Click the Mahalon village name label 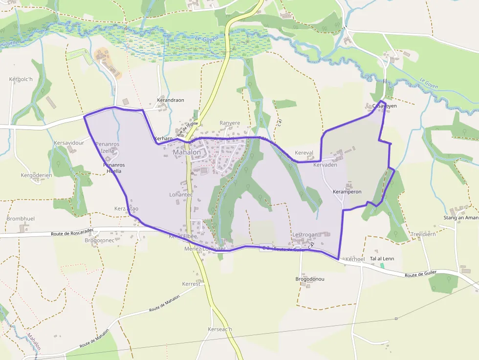coord(187,152)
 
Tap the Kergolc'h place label coord(21,79)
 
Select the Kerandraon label coord(170,100)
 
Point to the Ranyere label coord(230,123)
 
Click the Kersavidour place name coord(69,143)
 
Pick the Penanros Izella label coord(107,148)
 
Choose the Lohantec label coord(181,194)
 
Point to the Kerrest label coord(191,284)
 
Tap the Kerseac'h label coord(220,329)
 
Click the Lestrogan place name coord(305,235)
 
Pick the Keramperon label coord(347,191)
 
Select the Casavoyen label coord(385,106)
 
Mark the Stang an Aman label coord(460,218)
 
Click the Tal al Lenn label coord(382,258)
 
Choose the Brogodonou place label coord(310,279)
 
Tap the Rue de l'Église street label coord(187,128)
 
